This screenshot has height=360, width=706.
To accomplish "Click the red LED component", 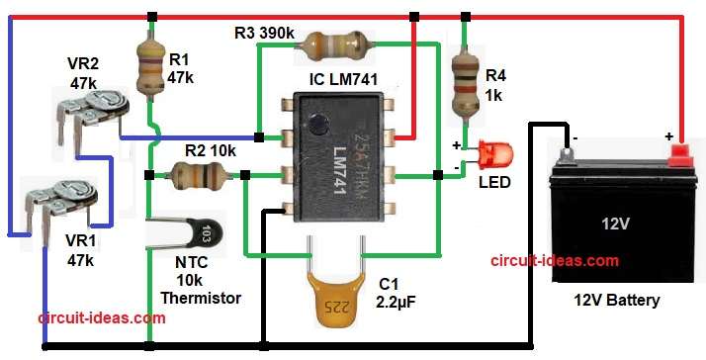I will coord(495,155).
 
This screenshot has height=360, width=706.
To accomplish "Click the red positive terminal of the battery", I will coord(678,154).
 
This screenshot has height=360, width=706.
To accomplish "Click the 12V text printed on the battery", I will coord(615,224).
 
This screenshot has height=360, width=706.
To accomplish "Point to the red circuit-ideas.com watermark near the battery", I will coord(555,261).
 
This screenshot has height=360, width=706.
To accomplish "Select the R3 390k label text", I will coord(264,33).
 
